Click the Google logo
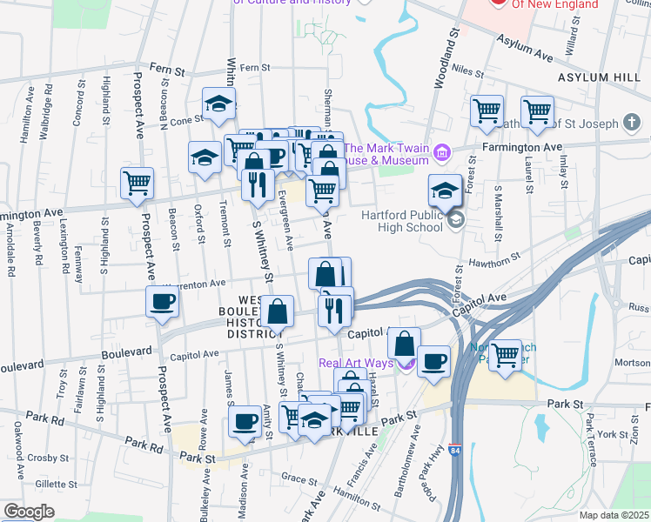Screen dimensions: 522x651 28,512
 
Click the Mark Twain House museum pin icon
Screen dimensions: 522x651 442,154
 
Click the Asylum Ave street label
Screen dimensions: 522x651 525,47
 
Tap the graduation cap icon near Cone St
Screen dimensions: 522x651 219,104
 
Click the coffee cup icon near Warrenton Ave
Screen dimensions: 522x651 163,302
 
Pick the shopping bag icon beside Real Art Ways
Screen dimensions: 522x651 404,342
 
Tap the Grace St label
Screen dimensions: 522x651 299,478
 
